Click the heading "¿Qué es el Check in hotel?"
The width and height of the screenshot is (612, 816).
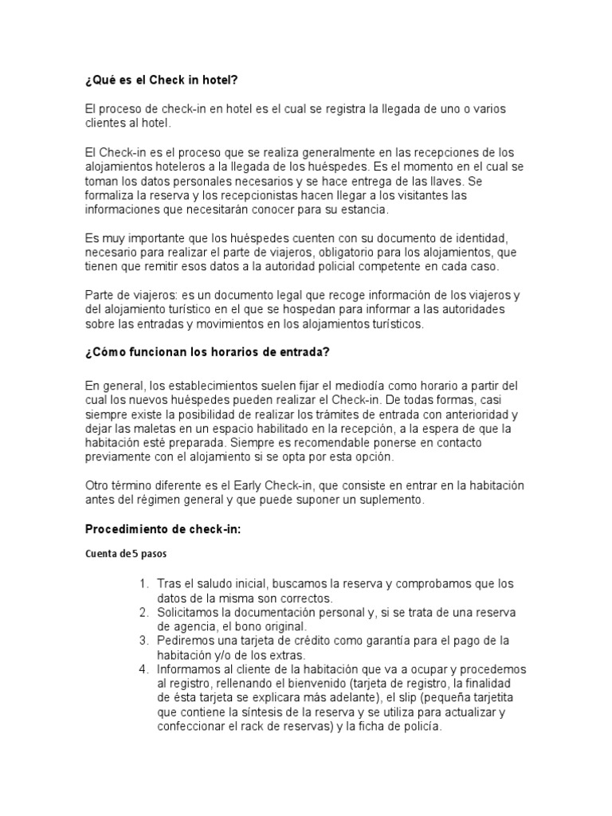[161, 81]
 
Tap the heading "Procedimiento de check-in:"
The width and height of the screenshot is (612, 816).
[162, 529]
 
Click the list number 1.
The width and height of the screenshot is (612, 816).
[143, 584]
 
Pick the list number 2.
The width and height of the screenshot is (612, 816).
[143, 612]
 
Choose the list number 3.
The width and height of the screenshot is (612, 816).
[143, 641]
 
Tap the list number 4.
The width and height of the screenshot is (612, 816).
[143, 669]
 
